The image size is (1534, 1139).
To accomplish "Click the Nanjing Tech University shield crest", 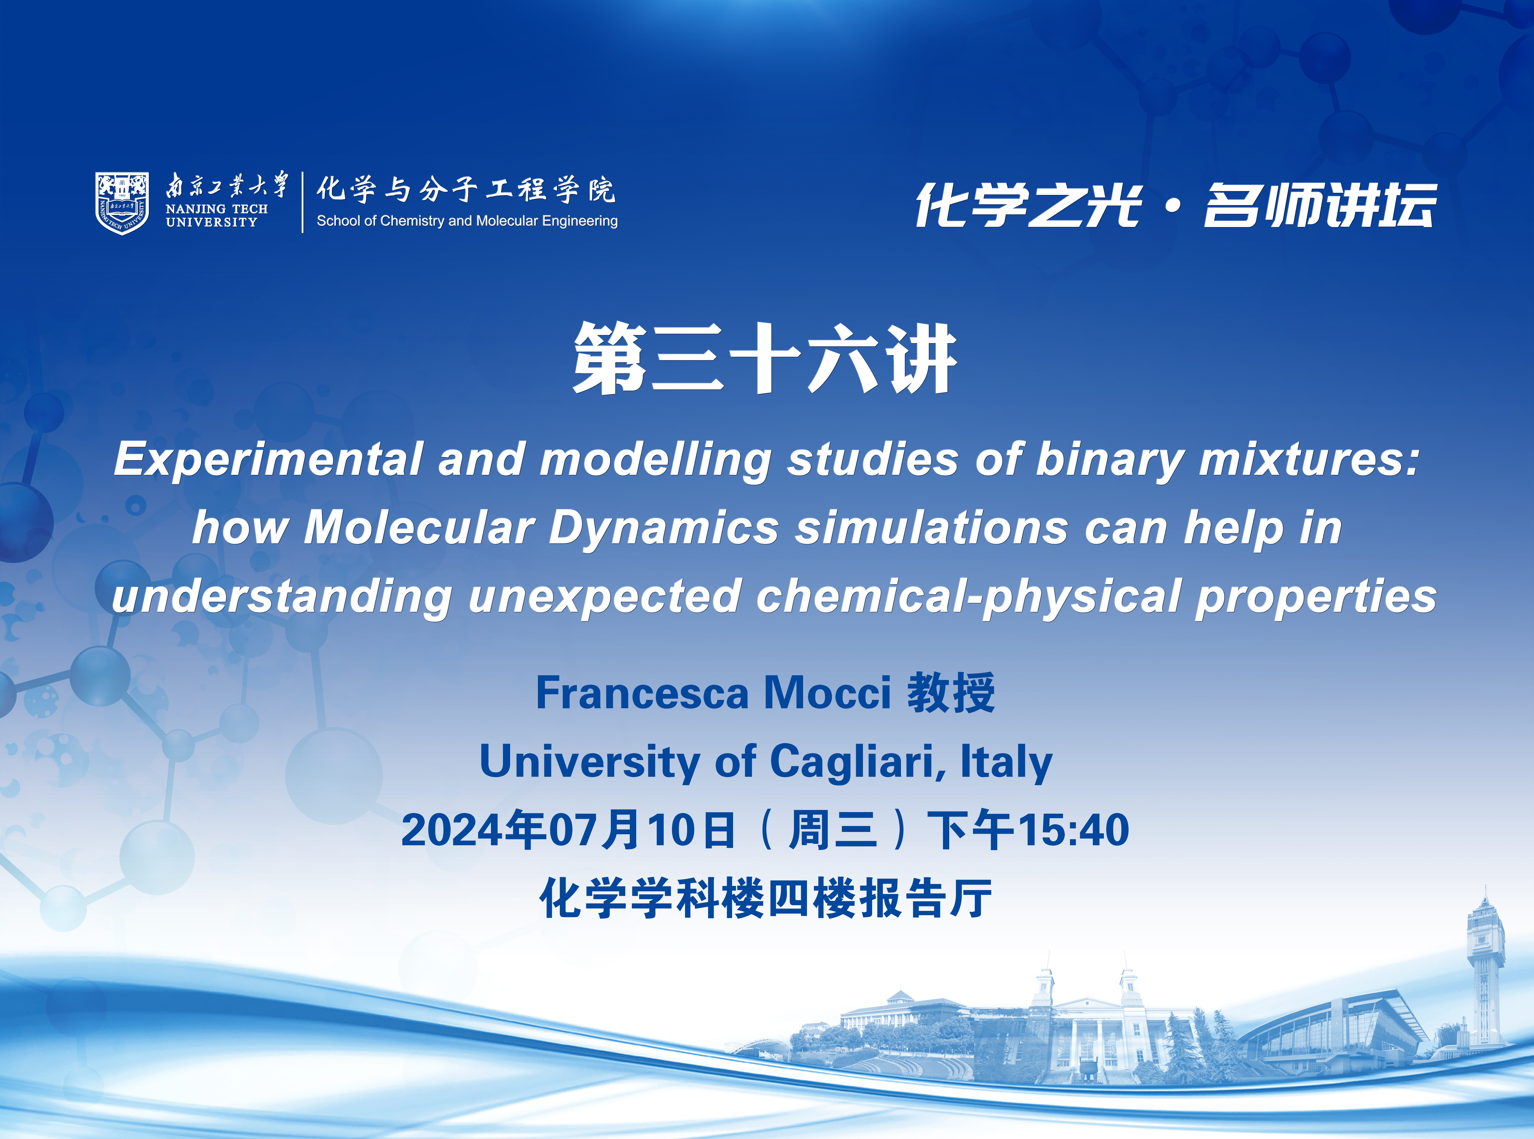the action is point(122,203).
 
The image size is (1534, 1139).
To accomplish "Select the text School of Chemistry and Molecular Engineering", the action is point(467,221).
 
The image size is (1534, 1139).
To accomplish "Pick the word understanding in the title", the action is point(282,597).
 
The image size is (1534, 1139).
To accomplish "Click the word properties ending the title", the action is point(1316,597).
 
